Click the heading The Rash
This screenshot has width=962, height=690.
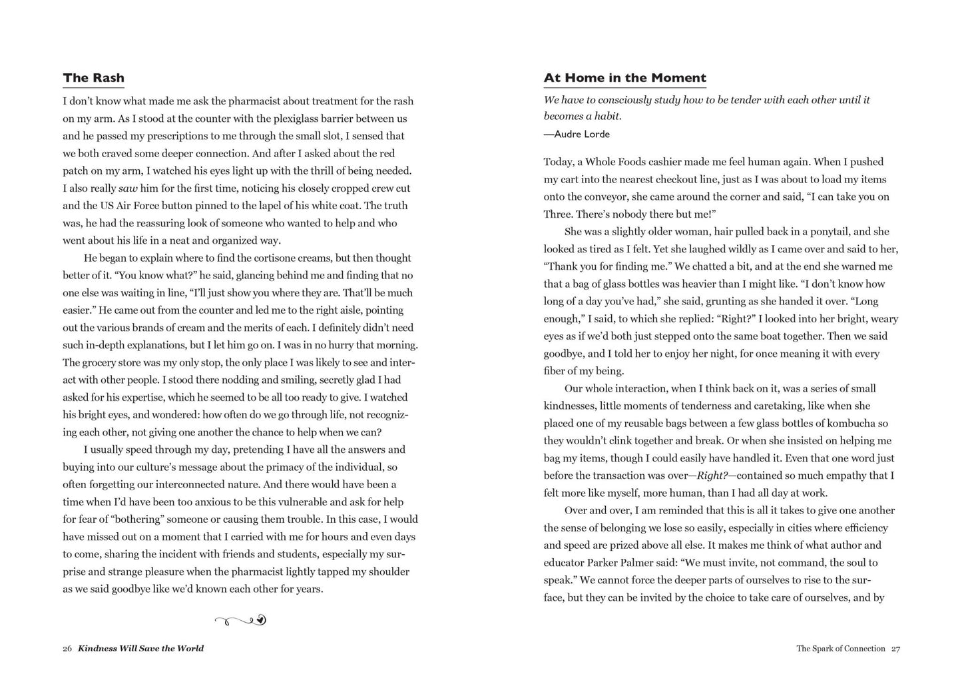(93, 78)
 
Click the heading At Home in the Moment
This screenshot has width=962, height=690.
(624, 78)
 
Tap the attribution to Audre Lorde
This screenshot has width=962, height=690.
(577, 134)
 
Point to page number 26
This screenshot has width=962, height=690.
(67, 648)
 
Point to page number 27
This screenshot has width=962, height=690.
(895, 648)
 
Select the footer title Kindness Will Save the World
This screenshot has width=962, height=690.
(141, 648)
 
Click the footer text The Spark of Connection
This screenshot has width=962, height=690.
(841, 648)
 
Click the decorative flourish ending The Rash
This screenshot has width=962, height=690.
(240, 621)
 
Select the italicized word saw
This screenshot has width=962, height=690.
(128, 188)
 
